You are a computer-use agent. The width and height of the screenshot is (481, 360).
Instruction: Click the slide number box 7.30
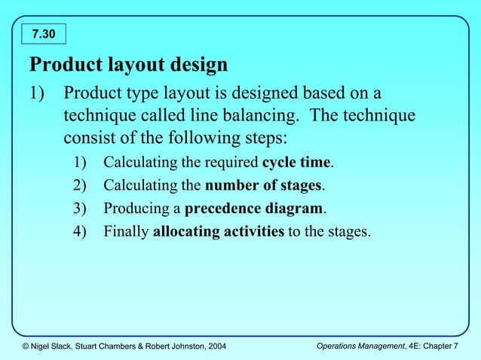pos(46,34)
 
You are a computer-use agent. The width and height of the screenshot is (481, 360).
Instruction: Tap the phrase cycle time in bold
pos(297,163)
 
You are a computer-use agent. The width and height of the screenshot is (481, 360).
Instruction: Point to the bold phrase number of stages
pos(264,185)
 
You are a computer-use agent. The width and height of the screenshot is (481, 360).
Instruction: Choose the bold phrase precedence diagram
pos(254,208)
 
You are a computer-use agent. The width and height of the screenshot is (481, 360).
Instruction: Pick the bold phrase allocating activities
pos(218,230)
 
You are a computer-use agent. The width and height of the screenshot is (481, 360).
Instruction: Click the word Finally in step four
pos(126,230)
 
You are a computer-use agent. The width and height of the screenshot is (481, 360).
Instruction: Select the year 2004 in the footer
pos(212,346)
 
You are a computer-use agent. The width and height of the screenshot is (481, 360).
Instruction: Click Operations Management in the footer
pos(357,346)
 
